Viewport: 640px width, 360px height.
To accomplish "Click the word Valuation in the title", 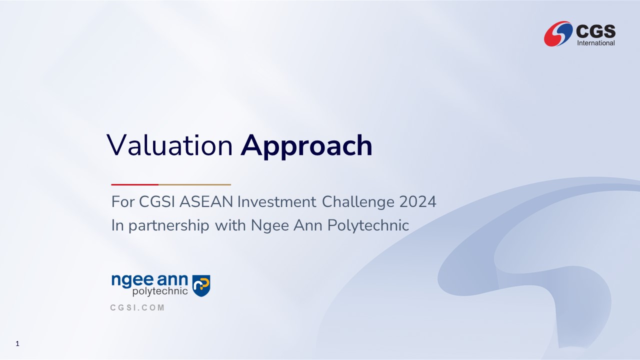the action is (169, 145).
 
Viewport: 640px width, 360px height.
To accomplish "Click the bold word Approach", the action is (306, 147).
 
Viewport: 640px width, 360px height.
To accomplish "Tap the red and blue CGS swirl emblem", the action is (558, 33).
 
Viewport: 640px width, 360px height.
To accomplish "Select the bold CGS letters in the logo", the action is (596, 31).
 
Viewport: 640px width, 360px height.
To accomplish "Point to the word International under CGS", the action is (596, 43).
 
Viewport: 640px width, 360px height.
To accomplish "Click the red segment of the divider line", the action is (135, 185).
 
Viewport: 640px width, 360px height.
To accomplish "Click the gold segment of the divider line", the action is (194, 185).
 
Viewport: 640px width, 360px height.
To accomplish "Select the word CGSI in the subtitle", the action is (157, 201).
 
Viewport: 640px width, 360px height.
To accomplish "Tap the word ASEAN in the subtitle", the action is (206, 201).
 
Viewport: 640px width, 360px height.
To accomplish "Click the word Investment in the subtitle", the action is (277, 201).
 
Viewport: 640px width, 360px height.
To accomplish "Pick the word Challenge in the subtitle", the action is (358, 202).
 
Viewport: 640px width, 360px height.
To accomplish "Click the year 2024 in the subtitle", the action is (417, 201).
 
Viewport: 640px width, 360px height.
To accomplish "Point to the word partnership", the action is (169, 225).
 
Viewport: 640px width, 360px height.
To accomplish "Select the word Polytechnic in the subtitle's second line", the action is (368, 225).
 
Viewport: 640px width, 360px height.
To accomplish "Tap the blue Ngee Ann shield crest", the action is (201, 285).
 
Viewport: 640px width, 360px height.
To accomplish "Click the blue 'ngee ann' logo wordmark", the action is (149, 280).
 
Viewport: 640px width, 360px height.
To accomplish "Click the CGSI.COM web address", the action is (137, 307).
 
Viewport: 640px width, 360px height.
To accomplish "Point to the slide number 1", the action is (17, 343).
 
